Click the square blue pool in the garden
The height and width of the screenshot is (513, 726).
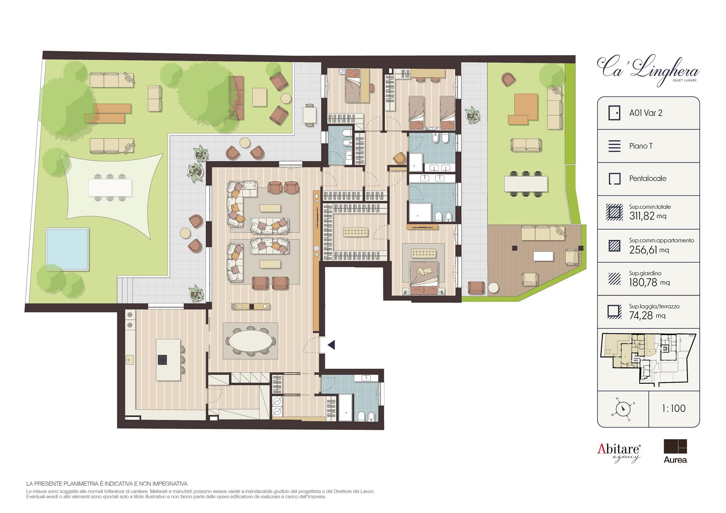pyautogui.click(x=67, y=249)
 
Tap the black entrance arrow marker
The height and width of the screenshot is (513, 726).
pyautogui.click(x=331, y=345)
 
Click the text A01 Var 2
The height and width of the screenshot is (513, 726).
pyautogui.click(x=646, y=113)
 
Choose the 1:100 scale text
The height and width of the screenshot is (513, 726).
pyautogui.click(x=674, y=408)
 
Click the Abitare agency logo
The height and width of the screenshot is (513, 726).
pyautogui.click(x=619, y=452)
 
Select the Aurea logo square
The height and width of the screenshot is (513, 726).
pyautogui.click(x=675, y=446)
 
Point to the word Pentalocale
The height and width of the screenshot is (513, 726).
pyautogui.click(x=648, y=179)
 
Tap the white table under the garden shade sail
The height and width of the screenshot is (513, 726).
pyautogui.click(x=110, y=187)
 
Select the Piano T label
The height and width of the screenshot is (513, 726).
pyautogui.click(x=641, y=146)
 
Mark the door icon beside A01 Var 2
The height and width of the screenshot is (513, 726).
pyautogui.click(x=614, y=113)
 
